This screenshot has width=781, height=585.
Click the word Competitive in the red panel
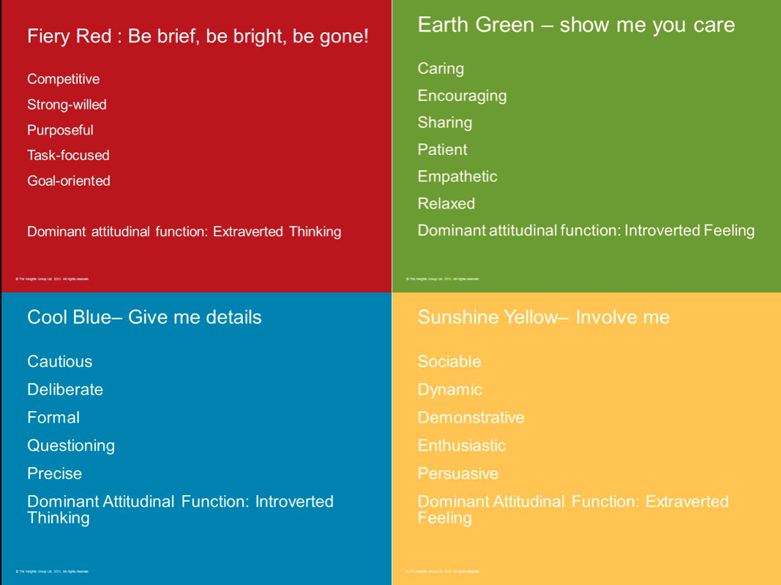(63, 79)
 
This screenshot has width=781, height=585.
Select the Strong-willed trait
(67, 105)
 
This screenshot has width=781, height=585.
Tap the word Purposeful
(60, 130)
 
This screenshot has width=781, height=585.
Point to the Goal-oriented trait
(69, 181)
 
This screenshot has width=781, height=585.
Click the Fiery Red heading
(198, 36)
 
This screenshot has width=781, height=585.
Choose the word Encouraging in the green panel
(462, 96)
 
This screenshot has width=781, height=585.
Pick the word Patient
(442, 150)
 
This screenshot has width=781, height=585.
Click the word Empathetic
(457, 177)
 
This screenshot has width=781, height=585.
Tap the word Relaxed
(446, 204)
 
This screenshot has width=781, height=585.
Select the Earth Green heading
(576, 25)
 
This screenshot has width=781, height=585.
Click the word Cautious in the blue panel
(60, 361)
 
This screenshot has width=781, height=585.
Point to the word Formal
(53, 418)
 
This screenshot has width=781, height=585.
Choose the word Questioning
(71, 445)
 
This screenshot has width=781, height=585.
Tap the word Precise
(55, 473)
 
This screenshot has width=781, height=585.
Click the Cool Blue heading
(144, 317)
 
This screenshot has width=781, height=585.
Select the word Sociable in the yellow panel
(449, 361)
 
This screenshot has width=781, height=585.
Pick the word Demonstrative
(471, 418)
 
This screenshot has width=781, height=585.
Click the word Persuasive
(457, 473)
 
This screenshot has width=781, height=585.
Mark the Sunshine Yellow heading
(543, 317)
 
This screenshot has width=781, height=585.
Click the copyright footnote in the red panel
(52, 279)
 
